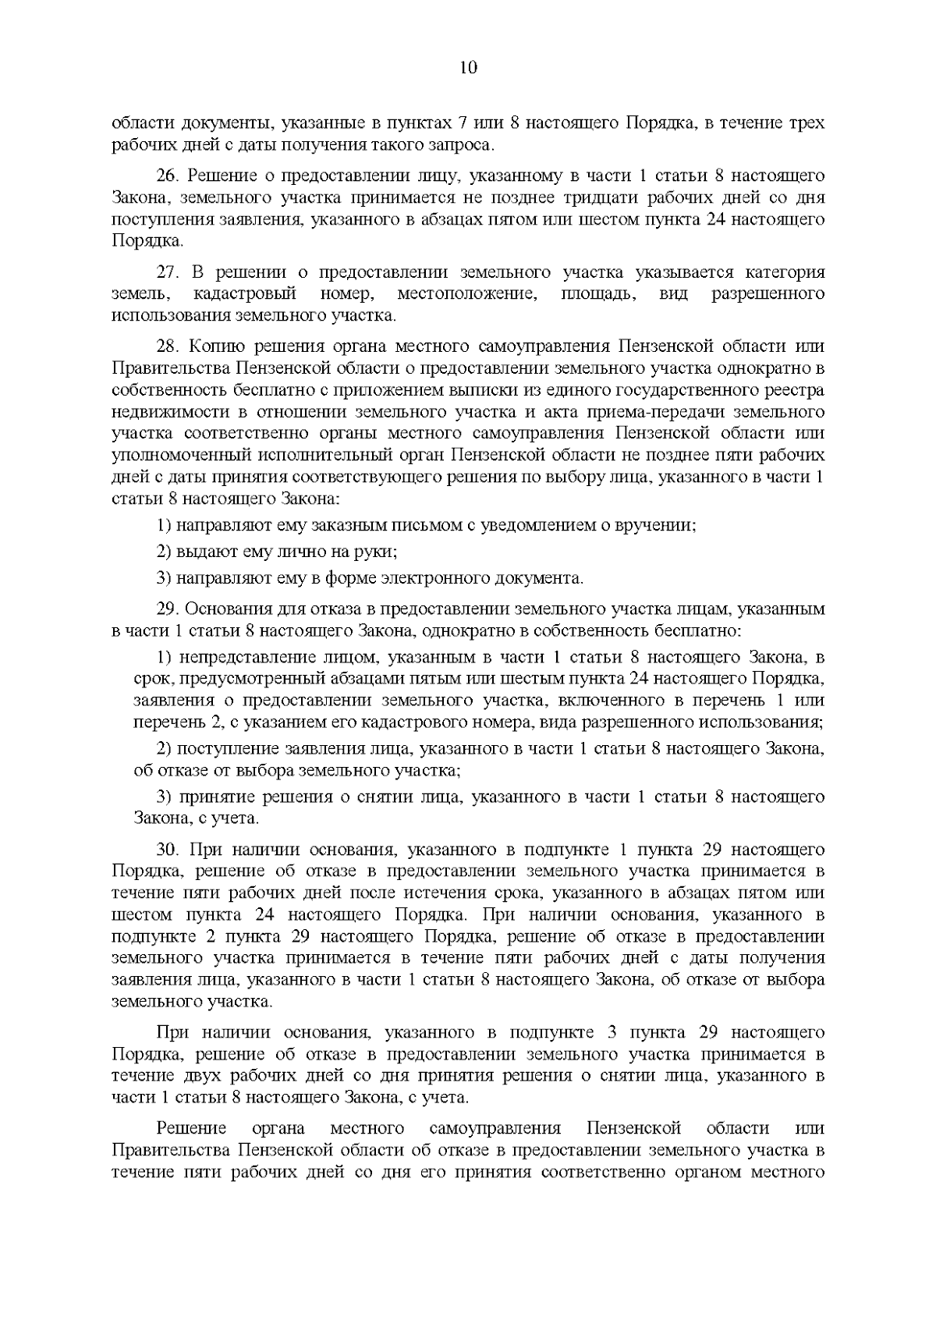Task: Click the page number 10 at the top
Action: tap(468, 67)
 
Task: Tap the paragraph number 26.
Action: tap(168, 176)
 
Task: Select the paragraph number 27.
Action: tap(168, 272)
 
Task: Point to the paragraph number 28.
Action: tap(168, 346)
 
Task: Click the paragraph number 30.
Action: tap(168, 850)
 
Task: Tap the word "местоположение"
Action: tap(466, 294)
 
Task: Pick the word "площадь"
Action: tap(597, 294)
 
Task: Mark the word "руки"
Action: tap(377, 552)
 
